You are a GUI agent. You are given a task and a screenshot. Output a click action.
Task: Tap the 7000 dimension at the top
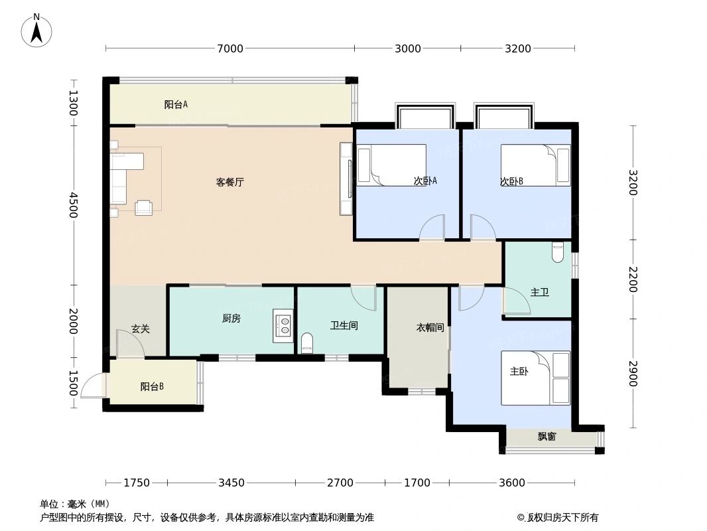click(x=229, y=48)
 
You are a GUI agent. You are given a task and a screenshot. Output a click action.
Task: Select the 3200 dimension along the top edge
click(x=517, y=48)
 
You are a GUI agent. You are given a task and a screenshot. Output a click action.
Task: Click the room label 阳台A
click(x=176, y=104)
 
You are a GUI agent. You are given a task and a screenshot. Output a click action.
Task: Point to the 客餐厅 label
click(x=230, y=182)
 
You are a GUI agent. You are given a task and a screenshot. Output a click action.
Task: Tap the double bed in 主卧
click(x=535, y=378)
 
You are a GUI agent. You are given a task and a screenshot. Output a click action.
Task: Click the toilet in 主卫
click(x=557, y=252)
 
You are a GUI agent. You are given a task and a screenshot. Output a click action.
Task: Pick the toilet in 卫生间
click(x=307, y=342)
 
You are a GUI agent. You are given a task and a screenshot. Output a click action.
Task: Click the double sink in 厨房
click(x=283, y=325)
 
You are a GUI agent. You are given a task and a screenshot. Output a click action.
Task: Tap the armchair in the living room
click(x=143, y=207)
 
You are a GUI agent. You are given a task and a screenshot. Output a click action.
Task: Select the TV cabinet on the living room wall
click(x=346, y=179)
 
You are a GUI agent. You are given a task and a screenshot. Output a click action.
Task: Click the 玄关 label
click(x=140, y=329)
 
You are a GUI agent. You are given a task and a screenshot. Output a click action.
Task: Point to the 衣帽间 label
click(x=429, y=328)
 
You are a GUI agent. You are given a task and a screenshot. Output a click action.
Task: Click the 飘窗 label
click(x=546, y=437)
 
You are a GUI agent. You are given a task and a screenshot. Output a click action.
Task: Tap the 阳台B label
click(x=152, y=386)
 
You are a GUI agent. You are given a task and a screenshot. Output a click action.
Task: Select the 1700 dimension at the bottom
click(x=417, y=483)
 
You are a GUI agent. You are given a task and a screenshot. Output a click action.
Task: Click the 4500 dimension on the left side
click(x=73, y=205)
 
